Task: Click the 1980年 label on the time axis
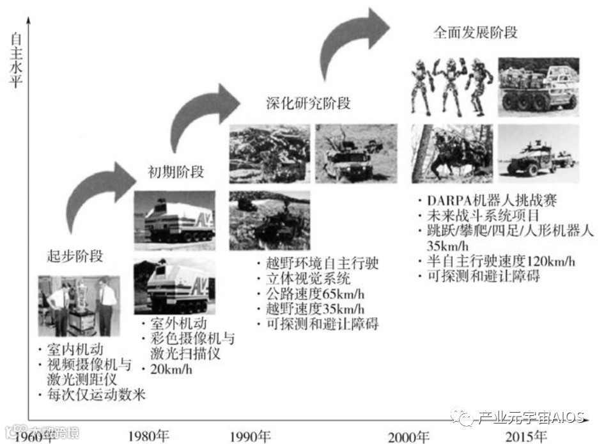point(148,436)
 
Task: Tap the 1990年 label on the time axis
point(250,436)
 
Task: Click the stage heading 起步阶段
point(75,257)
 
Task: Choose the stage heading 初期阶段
point(174,171)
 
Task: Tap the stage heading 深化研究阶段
point(309,102)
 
